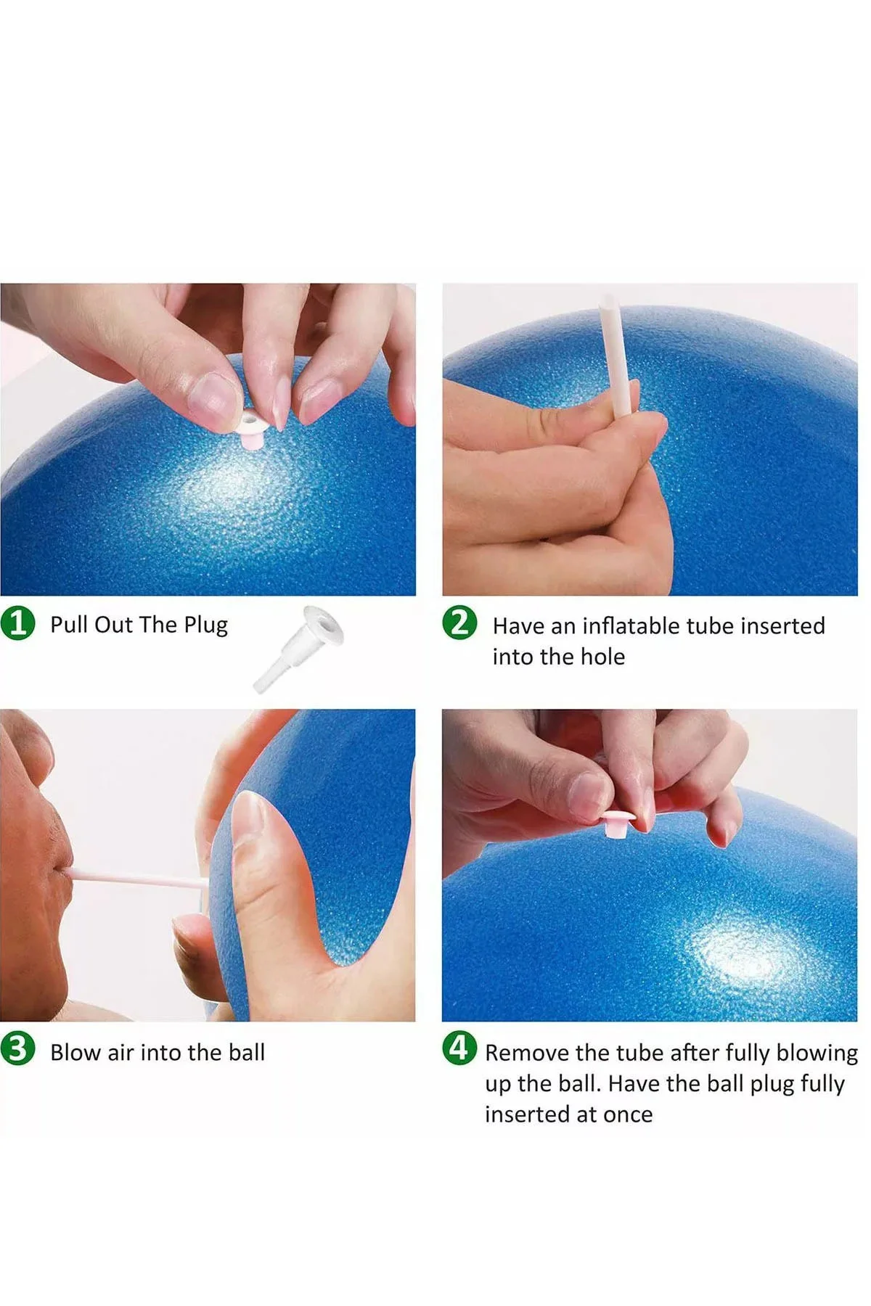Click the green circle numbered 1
[18, 624]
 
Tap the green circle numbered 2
[460, 624]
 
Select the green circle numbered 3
[18, 1050]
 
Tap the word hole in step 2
[602, 657]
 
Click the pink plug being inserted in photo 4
[621, 824]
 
